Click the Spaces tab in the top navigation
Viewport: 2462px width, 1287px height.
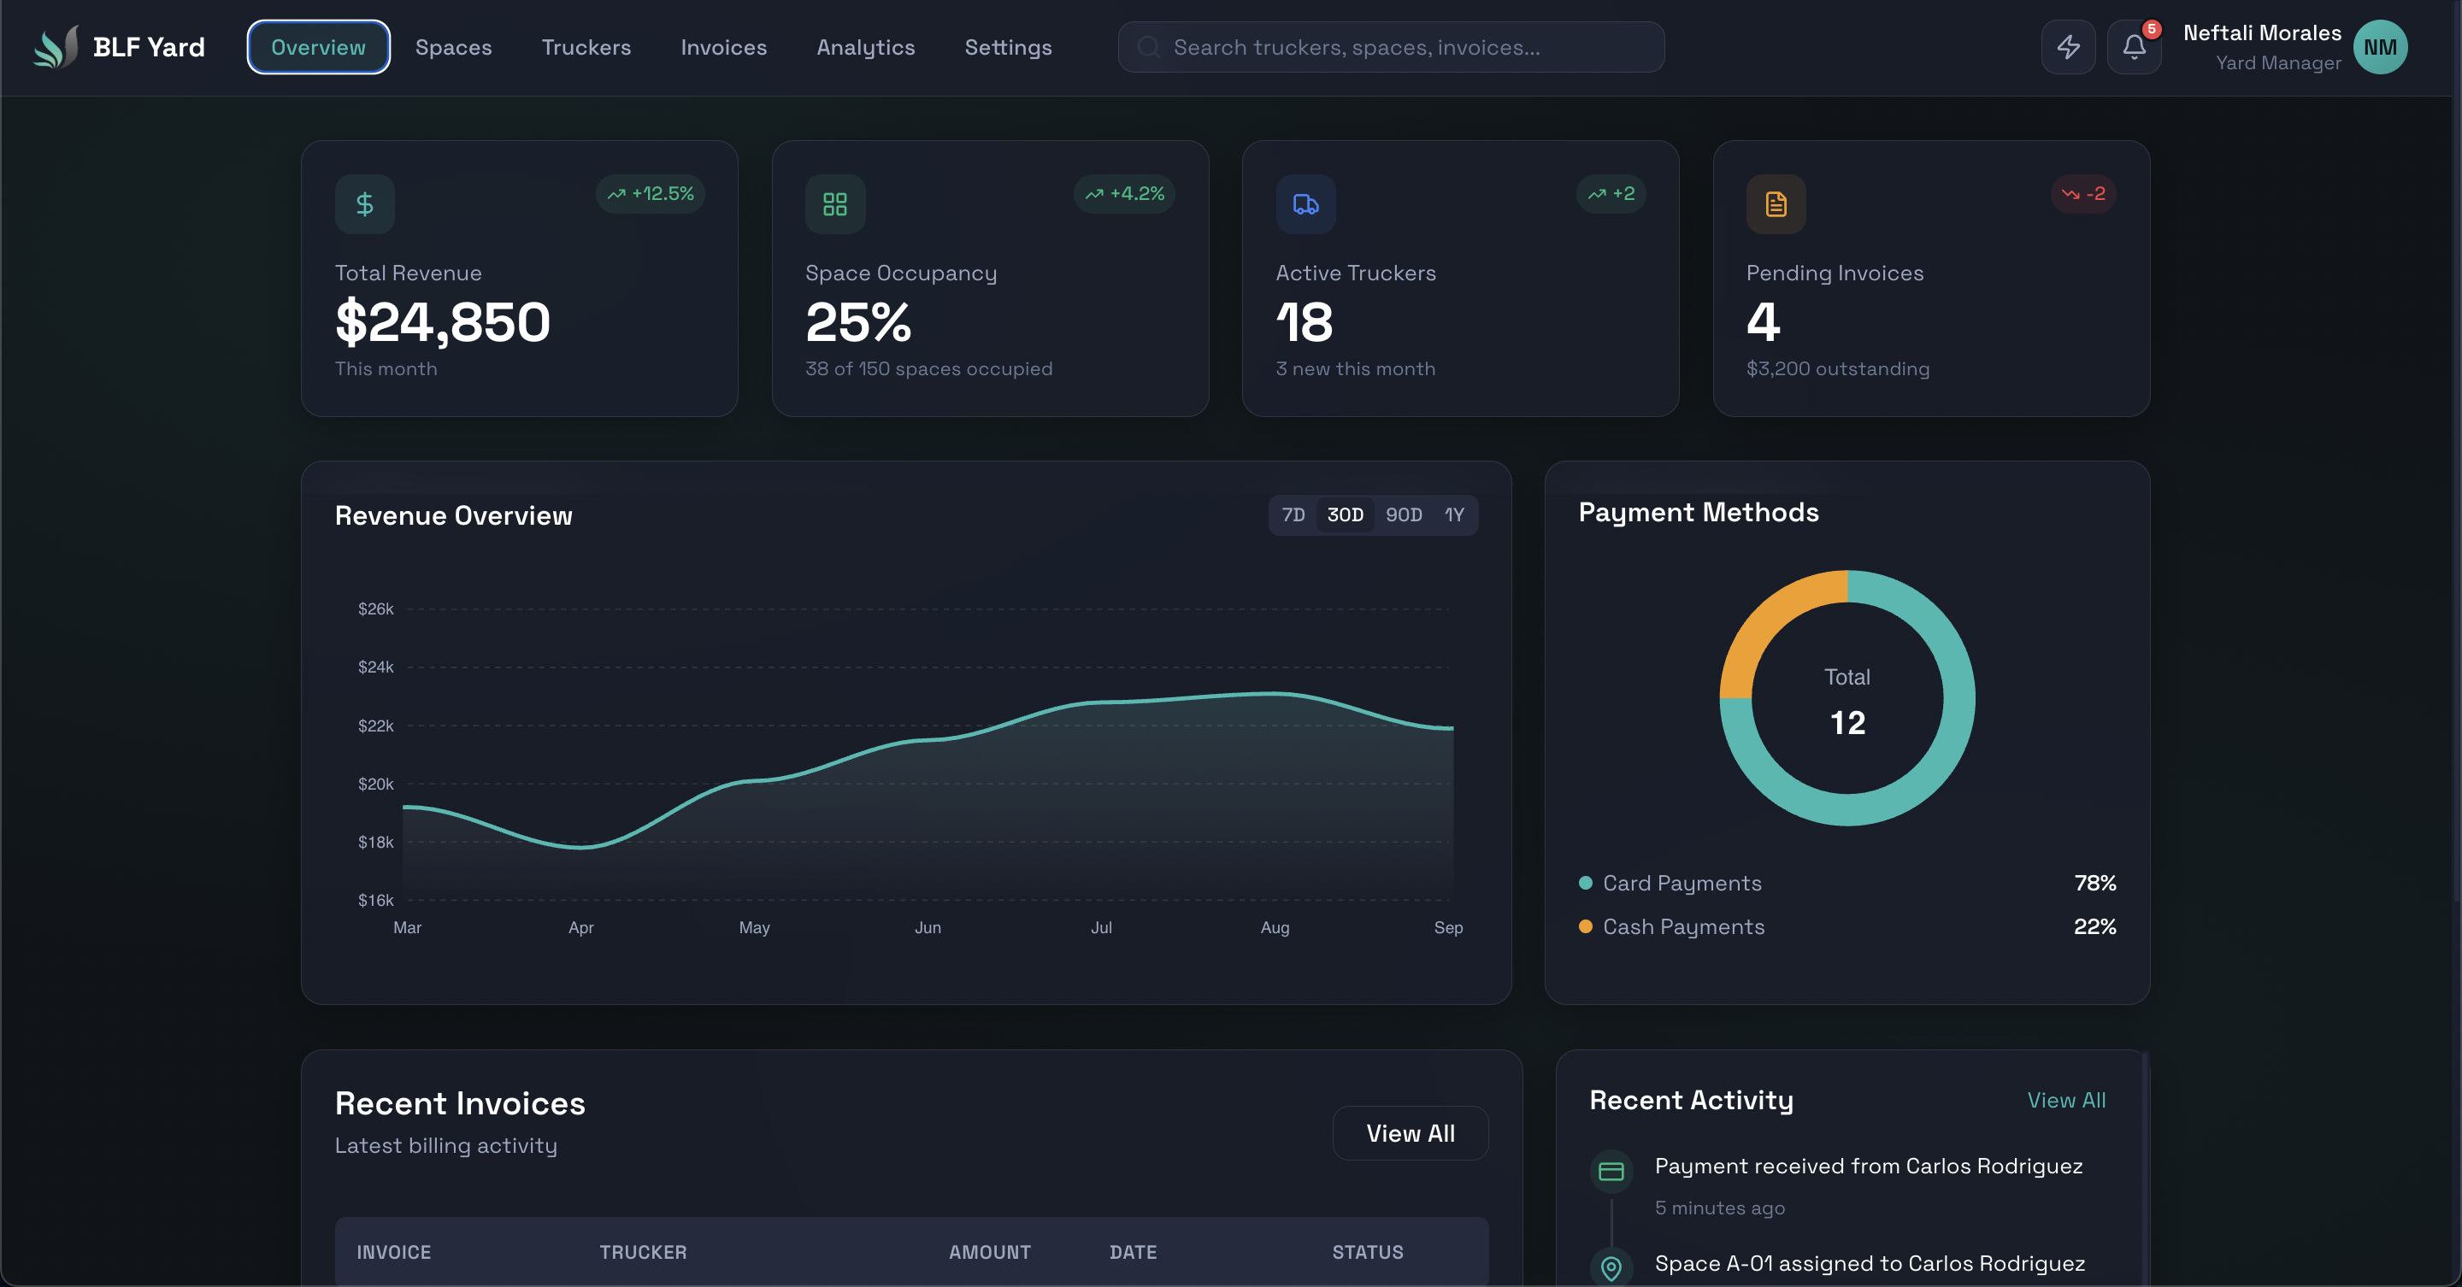pyautogui.click(x=453, y=47)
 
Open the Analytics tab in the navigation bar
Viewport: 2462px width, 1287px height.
pyautogui.click(x=865, y=47)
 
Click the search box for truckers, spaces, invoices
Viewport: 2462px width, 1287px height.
pyautogui.click(x=1391, y=47)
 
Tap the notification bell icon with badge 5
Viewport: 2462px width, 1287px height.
pyautogui.click(x=2133, y=47)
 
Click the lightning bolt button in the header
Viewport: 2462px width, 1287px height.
pyautogui.click(x=2068, y=47)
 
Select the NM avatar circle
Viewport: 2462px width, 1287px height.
pyautogui.click(x=2380, y=47)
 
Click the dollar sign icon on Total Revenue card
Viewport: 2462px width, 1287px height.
pyautogui.click(x=364, y=203)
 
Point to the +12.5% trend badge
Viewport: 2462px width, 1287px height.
pyautogui.click(x=651, y=194)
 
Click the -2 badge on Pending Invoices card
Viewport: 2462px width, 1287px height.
pyautogui.click(x=2083, y=194)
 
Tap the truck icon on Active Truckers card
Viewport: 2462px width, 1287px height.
pyautogui.click(x=1305, y=203)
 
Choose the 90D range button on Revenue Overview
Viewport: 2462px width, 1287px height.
pyautogui.click(x=1403, y=515)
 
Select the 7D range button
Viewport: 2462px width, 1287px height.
pyautogui.click(x=1293, y=515)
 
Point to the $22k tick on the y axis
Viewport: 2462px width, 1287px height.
pyautogui.click(x=375, y=726)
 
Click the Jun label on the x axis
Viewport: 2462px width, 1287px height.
pyautogui.click(x=927, y=928)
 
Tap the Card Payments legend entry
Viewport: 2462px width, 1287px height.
pyautogui.click(x=1682, y=883)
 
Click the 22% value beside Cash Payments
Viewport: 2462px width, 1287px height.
pyautogui.click(x=2094, y=926)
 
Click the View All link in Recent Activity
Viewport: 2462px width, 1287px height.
pyautogui.click(x=2065, y=1101)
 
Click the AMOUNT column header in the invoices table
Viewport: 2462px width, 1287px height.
pyautogui.click(x=989, y=1253)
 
